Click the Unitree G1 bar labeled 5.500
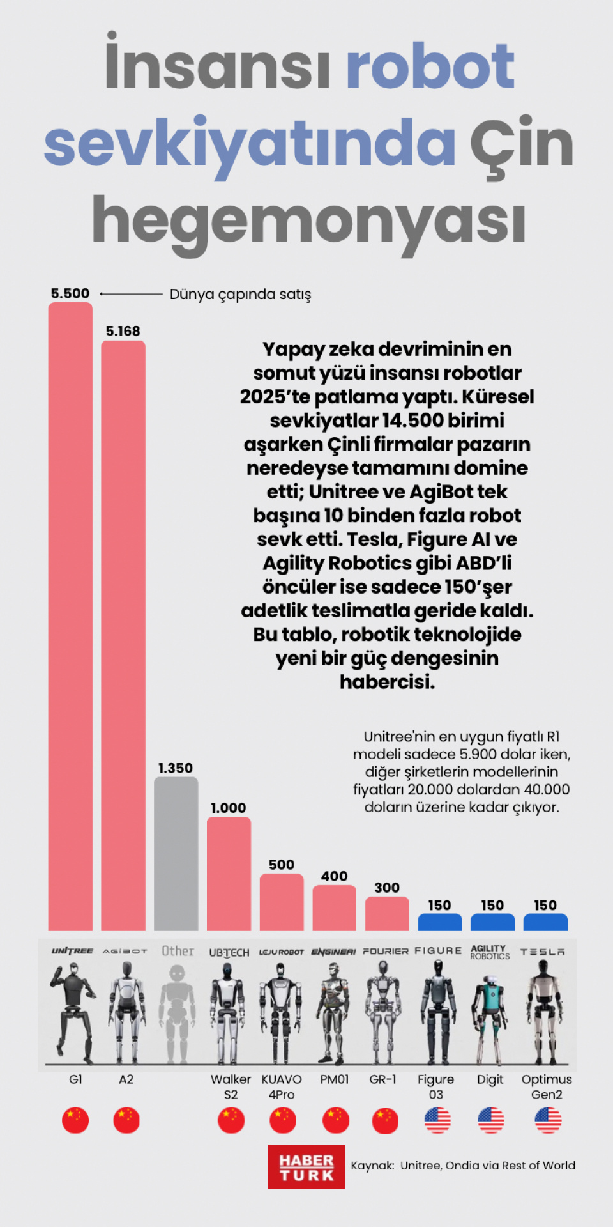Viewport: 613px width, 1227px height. click(70, 617)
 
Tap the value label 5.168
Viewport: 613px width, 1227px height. click(123, 331)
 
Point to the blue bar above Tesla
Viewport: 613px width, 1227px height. click(545, 922)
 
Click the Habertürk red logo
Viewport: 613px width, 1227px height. click(306, 1167)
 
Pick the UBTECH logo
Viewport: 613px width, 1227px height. click(229, 952)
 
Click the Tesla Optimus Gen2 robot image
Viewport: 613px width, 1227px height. click(545, 1010)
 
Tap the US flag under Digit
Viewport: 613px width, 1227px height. click(490, 1120)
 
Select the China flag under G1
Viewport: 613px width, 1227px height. click(75, 1120)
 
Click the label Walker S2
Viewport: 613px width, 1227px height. click(231, 1086)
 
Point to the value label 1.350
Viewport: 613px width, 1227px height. click(176, 768)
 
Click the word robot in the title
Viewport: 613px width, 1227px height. click(430, 66)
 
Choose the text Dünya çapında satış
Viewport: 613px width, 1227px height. click(240, 295)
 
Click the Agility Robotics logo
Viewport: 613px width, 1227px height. click(490, 952)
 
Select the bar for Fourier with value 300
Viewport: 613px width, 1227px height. click(387, 913)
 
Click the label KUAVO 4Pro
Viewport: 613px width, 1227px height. click(282, 1086)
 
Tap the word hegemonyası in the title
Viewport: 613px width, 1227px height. click(309, 221)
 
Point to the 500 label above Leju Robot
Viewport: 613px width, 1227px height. click(282, 865)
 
